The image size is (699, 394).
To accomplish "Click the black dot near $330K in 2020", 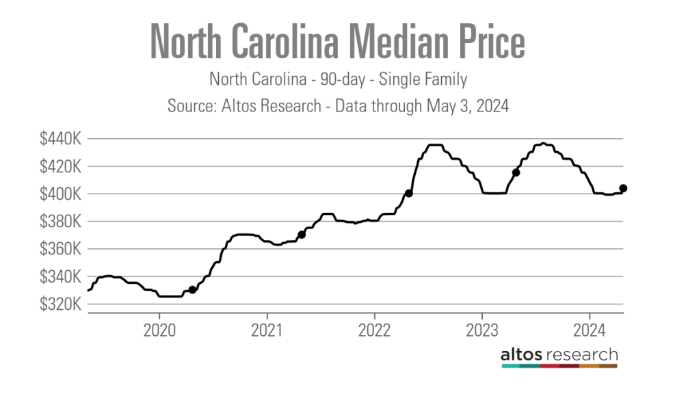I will [193, 290].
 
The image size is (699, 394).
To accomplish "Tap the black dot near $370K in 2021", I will [302, 235].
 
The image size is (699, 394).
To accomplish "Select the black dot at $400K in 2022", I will [409, 194].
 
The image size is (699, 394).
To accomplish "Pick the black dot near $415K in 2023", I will [516, 172].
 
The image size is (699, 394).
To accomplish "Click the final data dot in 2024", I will [623, 188].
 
